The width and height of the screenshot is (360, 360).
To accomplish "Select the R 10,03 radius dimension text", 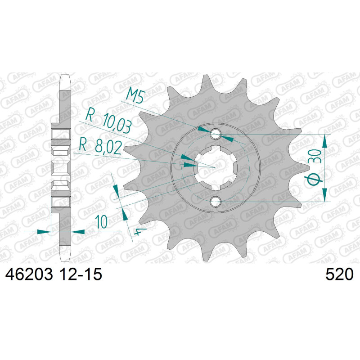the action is click(x=108, y=121).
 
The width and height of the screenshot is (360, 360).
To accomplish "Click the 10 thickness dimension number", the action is click(x=102, y=221).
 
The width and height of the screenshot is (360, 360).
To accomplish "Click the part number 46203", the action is click(x=29, y=274).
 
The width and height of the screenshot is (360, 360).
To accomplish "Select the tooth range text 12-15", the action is click(x=80, y=274).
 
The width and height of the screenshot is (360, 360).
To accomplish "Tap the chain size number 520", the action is click(x=339, y=274).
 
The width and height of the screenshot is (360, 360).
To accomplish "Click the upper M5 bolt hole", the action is click(x=216, y=134).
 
